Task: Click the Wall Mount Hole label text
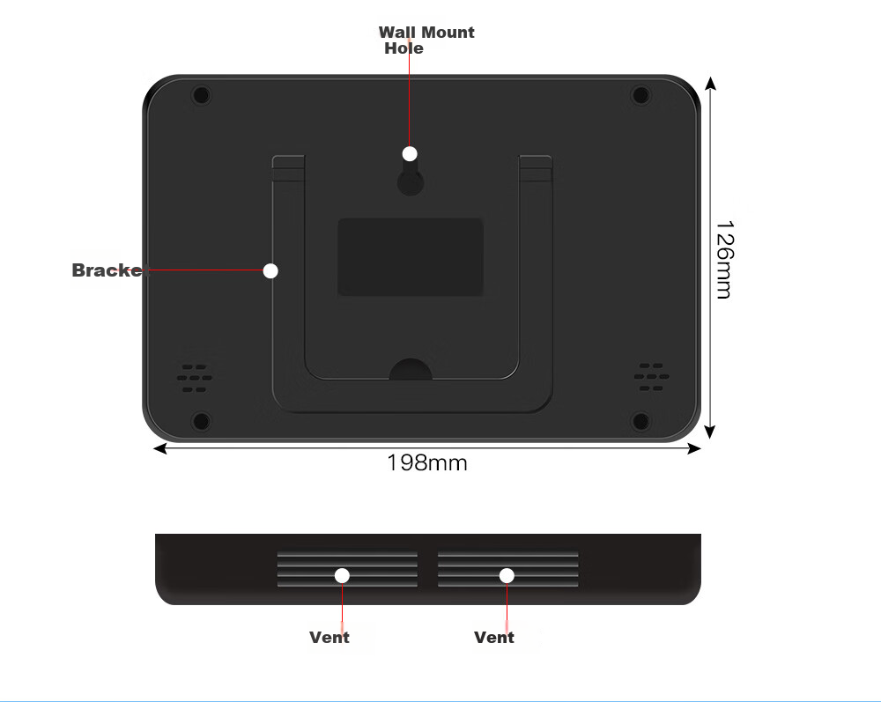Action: coord(426,40)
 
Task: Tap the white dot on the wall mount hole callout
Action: coord(410,153)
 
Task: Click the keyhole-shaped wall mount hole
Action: coord(411,177)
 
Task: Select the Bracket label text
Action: coord(108,270)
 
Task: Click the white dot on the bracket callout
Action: coord(270,270)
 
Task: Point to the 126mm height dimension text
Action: coord(725,259)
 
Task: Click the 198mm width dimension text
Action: coord(427,462)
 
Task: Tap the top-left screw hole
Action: coord(201,94)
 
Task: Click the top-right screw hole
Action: coord(640,94)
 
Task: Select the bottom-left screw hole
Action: coord(201,421)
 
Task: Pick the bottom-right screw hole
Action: coord(640,421)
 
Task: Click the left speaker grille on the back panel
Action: coord(195,378)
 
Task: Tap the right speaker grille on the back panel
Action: coord(651,377)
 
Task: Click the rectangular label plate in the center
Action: coord(411,256)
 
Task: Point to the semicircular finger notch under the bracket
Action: coord(411,370)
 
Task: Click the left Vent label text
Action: coord(329,638)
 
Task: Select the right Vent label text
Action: coord(494,638)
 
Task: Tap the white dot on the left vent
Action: coord(342,576)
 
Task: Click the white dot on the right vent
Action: coord(507,576)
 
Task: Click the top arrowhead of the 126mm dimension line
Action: coord(711,83)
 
